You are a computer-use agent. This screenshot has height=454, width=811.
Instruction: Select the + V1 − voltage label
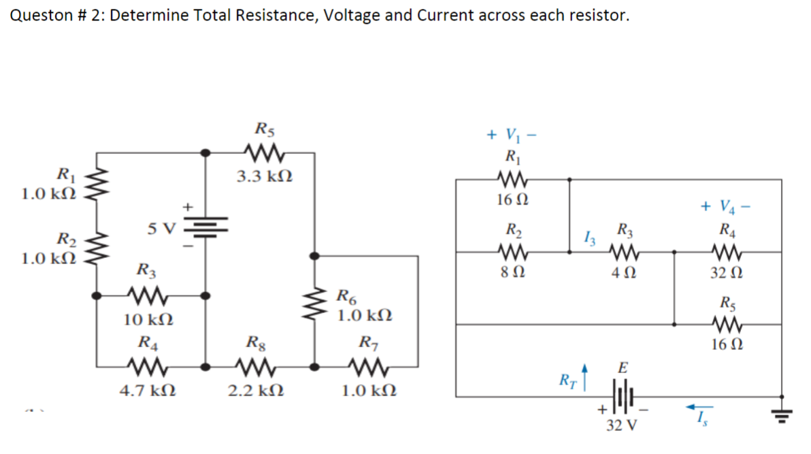pos(512,134)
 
